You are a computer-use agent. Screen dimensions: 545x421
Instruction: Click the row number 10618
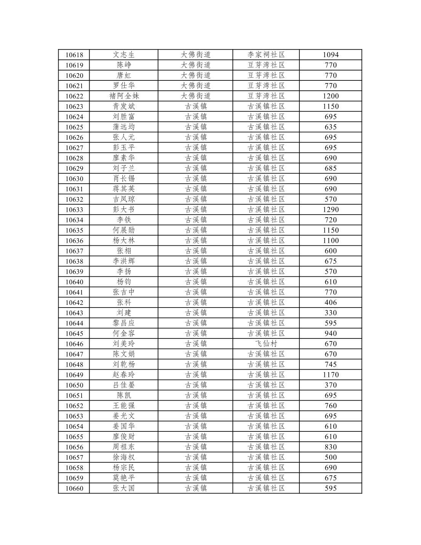point(74,55)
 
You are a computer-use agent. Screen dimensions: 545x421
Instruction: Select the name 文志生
point(124,55)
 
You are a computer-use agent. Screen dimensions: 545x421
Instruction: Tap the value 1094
point(330,55)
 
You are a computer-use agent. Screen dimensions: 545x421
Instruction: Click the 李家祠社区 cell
point(266,55)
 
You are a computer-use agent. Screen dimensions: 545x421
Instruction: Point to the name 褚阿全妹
point(124,96)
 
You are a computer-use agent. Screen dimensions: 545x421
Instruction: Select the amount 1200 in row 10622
point(330,96)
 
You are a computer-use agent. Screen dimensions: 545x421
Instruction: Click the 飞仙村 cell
point(266,344)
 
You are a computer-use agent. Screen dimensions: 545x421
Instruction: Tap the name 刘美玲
point(124,344)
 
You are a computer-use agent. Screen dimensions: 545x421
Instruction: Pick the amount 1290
point(330,210)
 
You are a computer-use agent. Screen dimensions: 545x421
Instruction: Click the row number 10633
point(74,210)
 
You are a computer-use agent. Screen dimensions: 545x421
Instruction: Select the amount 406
point(330,303)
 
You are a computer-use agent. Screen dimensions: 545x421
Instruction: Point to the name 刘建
point(124,313)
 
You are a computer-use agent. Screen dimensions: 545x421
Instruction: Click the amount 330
point(330,313)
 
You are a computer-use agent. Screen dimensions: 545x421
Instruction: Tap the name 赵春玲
point(124,375)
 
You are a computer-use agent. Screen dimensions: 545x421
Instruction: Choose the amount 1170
point(330,375)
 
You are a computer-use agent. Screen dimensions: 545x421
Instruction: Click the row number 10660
point(74,488)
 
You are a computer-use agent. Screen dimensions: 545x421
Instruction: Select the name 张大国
point(124,488)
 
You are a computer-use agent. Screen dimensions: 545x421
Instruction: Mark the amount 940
point(330,333)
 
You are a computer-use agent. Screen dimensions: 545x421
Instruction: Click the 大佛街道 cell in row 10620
point(195,75)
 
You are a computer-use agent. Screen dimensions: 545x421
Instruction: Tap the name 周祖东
point(124,447)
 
